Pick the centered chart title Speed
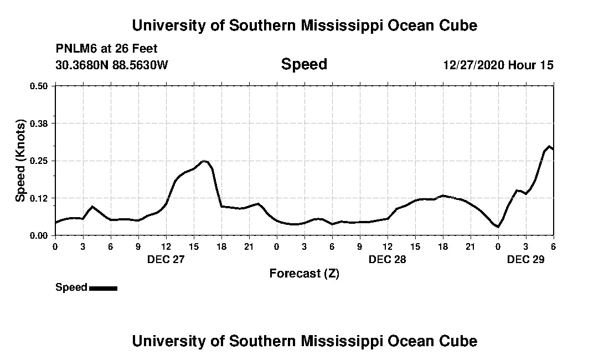pos(304,64)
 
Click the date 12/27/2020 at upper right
pos(473,65)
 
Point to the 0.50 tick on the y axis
pos(39,86)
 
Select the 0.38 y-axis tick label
pos(39,123)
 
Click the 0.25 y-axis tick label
pos(39,161)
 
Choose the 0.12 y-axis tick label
pos(39,198)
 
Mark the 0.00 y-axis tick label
pos(39,235)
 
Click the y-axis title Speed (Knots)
pos(20,161)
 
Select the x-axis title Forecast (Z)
pos(304,273)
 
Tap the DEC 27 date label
pos(166,259)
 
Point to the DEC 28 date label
pos(387,259)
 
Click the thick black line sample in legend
pos(103,288)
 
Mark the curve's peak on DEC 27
pos(204,161)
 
